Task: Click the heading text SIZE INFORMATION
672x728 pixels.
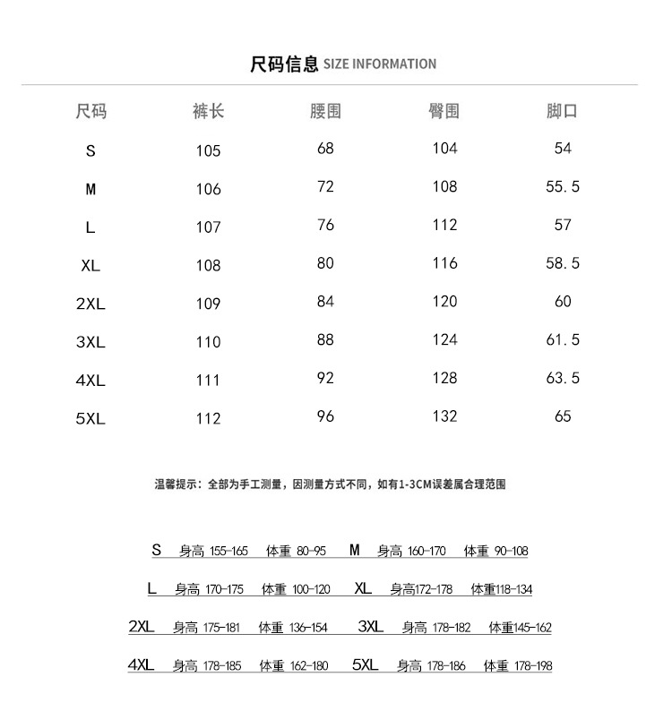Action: click(379, 64)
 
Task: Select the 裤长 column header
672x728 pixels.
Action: click(208, 112)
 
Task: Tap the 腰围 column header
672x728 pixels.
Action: click(325, 112)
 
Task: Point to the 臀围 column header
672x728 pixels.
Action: click(444, 112)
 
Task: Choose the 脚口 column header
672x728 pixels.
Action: click(563, 112)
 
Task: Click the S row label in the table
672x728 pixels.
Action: click(90, 151)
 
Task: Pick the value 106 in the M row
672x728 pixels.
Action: click(208, 189)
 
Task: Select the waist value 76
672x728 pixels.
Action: click(325, 225)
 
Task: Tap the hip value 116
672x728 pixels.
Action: click(444, 263)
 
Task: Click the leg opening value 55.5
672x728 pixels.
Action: click(563, 186)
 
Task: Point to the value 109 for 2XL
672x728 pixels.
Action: click(208, 304)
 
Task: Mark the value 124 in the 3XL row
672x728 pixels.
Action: click(444, 339)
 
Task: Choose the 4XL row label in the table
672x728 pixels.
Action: click(90, 381)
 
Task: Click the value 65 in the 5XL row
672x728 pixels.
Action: click(563, 415)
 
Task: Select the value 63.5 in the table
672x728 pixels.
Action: click(563, 378)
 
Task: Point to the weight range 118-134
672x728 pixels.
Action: click(514, 590)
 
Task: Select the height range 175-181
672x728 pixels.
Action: click(221, 629)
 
